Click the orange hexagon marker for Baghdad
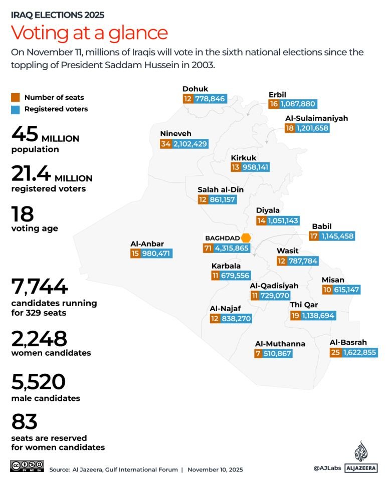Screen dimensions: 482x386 coord(246,237)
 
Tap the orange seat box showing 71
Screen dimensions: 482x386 coord(208,248)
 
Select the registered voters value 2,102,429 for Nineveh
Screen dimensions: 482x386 coord(190,144)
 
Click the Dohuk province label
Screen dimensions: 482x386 coord(195,89)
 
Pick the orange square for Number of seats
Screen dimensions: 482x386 coord(16,97)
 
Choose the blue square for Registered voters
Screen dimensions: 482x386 coord(16,109)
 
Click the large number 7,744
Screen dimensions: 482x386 coord(39,287)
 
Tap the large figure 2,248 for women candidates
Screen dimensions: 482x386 coord(39,339)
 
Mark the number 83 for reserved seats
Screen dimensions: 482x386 coord(24,421)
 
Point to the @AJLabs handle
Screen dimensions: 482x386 coord(327,468)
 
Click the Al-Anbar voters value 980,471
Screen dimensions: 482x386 coord(157,254)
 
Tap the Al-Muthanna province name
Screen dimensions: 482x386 coord(280,344)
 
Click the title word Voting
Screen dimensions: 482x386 coord(41,33)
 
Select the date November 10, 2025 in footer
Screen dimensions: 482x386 coord(216,469)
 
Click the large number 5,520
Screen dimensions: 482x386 coord(38,382)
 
